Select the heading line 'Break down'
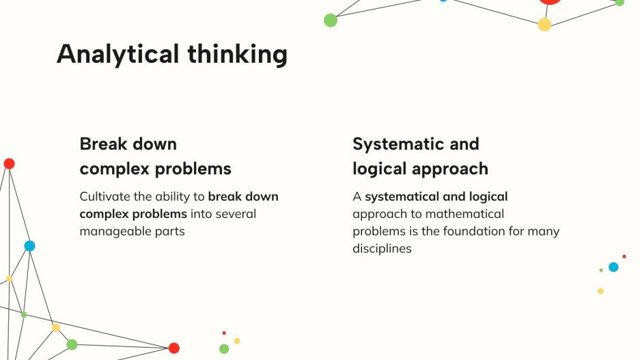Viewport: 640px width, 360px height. (128, 144)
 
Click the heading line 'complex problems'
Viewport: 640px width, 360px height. (155, 169)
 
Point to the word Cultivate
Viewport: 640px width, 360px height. (105, 197)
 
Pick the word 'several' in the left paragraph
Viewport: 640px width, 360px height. (236, 214)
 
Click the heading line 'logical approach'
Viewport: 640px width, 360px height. (420, 169)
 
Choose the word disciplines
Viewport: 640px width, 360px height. (382, 249)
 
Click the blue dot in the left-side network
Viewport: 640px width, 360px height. (29, 246)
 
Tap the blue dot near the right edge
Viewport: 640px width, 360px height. (613, 267)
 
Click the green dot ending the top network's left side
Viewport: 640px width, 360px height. (331, 20)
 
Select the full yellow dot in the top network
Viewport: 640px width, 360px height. (544, 25)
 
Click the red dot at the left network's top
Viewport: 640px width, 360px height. (9, 163)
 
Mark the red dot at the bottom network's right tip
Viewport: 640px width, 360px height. (174, 348)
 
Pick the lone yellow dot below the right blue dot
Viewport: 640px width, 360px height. (600, 291)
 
